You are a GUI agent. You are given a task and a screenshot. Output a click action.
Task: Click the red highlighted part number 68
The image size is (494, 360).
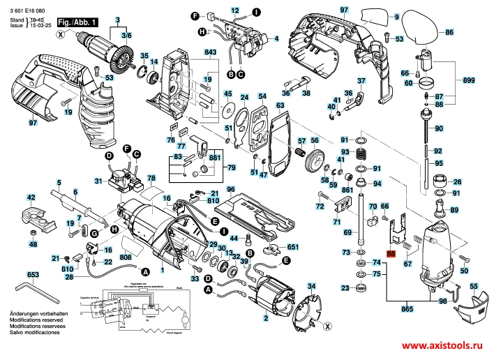391,255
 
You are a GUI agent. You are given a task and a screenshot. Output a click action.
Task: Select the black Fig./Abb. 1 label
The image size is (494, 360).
77,23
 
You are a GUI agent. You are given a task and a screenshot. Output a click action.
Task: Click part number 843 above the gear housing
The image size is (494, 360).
210,53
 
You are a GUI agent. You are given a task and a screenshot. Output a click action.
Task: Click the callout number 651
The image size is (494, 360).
293,247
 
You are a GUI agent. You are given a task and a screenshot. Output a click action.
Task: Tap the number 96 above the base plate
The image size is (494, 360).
230,188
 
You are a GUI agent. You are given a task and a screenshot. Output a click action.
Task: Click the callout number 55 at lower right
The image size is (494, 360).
474,286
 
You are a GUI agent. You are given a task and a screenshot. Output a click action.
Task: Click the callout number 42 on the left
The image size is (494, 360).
31,197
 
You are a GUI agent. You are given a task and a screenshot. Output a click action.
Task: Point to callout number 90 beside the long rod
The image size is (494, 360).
438,129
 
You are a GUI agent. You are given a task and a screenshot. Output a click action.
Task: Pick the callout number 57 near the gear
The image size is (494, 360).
302,142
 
